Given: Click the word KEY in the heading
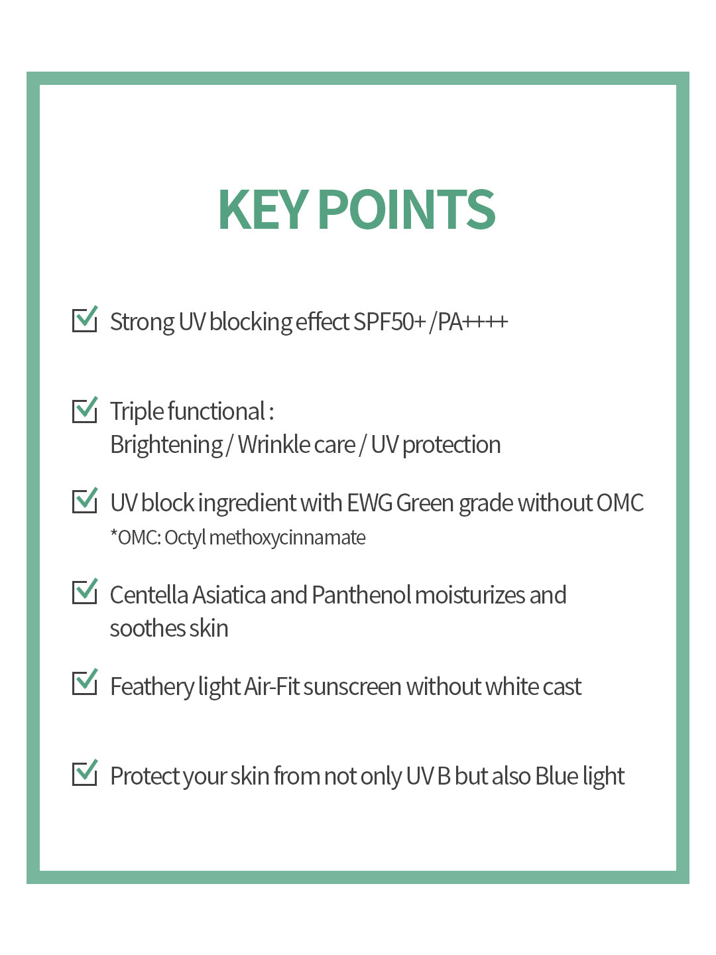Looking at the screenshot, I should (x=263, y=210).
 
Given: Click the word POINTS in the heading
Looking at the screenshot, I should (x=406, y=210).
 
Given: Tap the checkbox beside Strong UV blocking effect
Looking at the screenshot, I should (x=84, y=320).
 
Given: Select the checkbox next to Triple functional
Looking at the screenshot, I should (x=84, y=410).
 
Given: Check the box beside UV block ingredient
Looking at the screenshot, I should (x=84, y=501).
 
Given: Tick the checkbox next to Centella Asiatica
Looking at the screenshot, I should (x=84, y=592).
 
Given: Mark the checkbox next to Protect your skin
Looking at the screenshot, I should (x=84, y=773).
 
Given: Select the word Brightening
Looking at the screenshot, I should (x=166, y=445).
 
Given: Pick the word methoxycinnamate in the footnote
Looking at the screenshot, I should (x=287, y=538).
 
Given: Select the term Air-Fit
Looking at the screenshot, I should (x=272, y=687).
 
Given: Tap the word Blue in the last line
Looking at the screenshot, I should (x=556, y=777).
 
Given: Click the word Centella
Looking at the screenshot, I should (x=149, y=596).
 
